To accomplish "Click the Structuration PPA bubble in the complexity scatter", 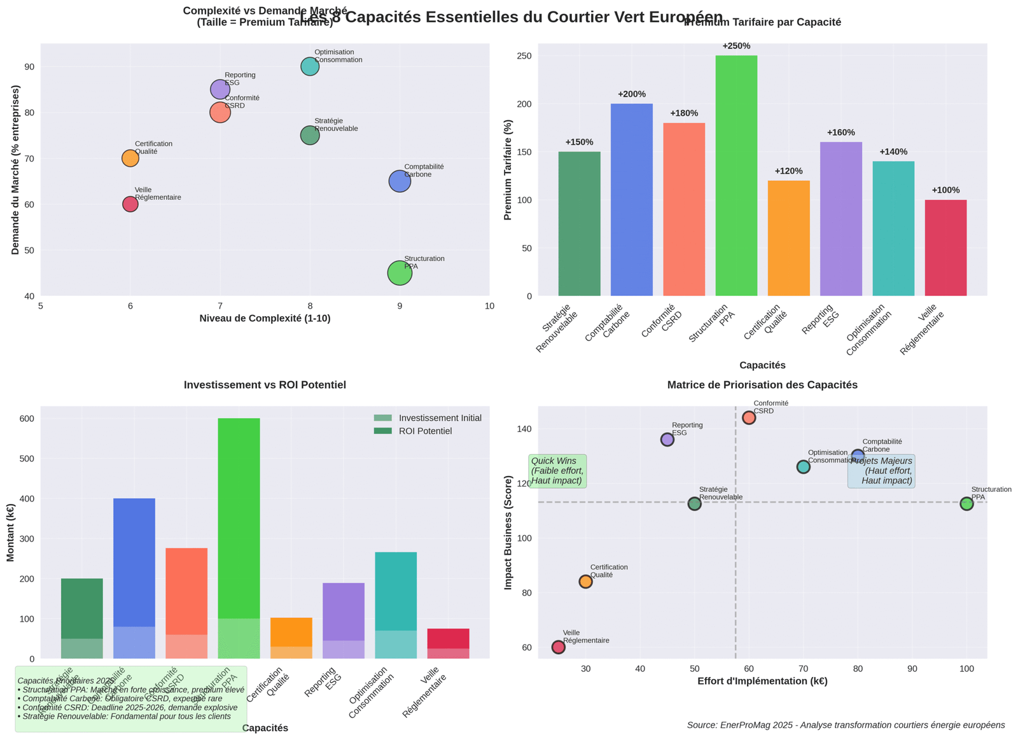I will (400, 273).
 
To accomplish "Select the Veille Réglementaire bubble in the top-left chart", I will (130, 204).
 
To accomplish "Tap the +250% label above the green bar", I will (736, 46).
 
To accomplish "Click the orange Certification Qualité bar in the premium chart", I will (788, 238).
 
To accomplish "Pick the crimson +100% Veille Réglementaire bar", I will (945, 248).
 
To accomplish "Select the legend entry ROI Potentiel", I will (425, 431).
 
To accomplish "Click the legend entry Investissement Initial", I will (440, 418).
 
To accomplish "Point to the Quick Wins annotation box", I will (557, 471).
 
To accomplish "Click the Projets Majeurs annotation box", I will (881, 471).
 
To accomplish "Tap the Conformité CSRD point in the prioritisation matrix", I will (749, 417).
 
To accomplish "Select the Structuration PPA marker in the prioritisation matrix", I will (966, 504).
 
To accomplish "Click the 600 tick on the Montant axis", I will (27, 419).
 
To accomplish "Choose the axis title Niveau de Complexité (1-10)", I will (265, 318).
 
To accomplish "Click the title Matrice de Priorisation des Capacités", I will (762, 385).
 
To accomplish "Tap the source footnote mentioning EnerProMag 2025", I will (846, 725).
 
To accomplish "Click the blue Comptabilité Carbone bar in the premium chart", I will (631, 200).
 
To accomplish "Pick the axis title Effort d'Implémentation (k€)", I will (762, 681).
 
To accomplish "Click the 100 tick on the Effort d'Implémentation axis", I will (966, 669).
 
